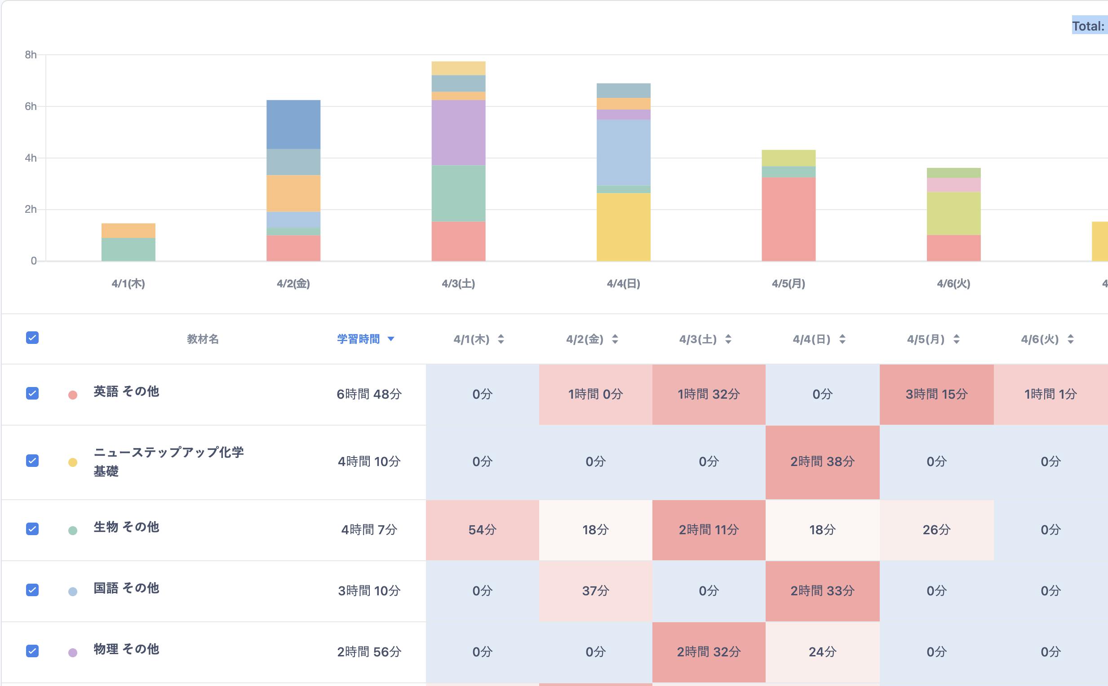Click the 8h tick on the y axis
(x=31, y=55)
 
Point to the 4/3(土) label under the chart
(x=458, y=284)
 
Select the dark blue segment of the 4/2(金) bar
(x=293, y=124)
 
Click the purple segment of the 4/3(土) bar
(x=458, y=132)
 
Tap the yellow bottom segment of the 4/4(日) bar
(x=623, y=227)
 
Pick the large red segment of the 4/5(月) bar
(x=788, y=219)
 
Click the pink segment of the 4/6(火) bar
(x=953, y=185)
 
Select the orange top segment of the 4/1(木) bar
(x=128, y=230)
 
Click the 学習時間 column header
(x=359, y=339)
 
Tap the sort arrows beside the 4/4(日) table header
(x=842, y=339)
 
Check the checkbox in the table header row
(x=32, y=338)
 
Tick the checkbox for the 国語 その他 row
(x=32, y=590)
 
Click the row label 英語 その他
(x=126, y=391)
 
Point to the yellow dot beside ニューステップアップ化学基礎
(x=73, y=462)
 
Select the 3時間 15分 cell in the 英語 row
(x=936, y=394)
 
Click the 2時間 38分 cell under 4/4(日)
(x=822, y=462)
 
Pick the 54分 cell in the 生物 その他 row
(x=482, y=529)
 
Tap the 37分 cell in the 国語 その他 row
(x=595, y=591)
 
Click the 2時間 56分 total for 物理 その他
(x=369, y=652)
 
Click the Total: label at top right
(x=1088, y=26)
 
